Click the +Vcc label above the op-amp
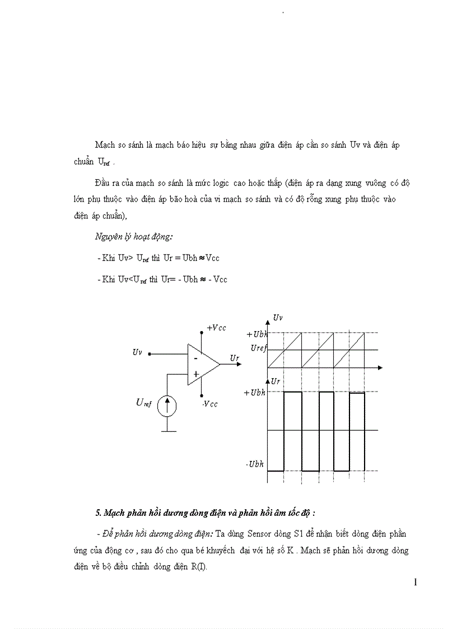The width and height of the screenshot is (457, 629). click(216, 328)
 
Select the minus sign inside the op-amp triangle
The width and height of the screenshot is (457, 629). click(195, 357)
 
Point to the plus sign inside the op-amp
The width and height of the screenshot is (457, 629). click(196, 374)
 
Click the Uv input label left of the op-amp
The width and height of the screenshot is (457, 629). click(137, 352)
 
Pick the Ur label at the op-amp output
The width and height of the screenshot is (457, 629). click(234, 357)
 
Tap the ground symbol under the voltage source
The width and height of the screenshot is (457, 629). click(166, 431)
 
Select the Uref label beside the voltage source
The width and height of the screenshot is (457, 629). click(143, 402)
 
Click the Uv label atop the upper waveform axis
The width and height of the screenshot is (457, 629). click(278, 318)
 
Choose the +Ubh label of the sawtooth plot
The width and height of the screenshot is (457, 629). click(258, 334)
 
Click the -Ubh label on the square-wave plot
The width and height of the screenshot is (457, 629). click(255, 464)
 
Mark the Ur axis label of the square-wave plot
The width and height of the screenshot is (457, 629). click(275, 381)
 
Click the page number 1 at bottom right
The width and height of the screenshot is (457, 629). click(415, 582)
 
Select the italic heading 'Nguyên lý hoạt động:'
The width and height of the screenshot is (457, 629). click(126, 237)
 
